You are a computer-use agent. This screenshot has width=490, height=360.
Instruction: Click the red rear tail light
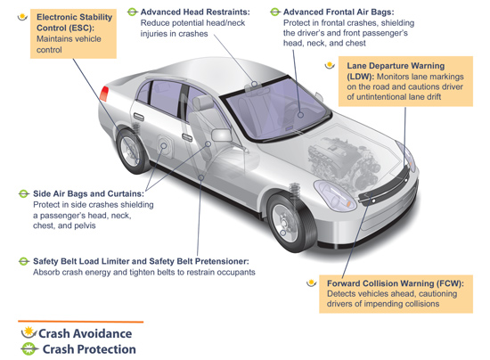104,94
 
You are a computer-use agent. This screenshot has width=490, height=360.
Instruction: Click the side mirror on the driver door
222,135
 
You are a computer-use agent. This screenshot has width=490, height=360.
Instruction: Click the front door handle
187,137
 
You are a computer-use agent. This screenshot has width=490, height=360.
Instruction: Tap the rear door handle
139,117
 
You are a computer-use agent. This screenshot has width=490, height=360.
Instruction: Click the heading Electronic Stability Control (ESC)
74,22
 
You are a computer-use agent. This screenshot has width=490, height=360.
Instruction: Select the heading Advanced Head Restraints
195,12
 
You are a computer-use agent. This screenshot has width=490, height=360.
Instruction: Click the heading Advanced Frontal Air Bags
339,12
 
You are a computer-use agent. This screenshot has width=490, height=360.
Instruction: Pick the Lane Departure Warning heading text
396,70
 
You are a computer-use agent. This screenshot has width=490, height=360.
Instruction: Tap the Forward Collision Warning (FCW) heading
396,283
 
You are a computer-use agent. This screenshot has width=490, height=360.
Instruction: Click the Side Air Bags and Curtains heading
88,193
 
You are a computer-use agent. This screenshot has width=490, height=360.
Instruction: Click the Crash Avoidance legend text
85,333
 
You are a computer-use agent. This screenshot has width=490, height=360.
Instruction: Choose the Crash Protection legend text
89,349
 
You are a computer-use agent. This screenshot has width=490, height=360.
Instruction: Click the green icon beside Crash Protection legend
29,348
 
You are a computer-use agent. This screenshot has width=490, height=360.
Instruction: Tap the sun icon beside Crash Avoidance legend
29,332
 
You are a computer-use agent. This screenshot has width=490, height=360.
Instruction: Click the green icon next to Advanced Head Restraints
132,12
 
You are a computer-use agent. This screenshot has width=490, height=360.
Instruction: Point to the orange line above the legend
80,322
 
